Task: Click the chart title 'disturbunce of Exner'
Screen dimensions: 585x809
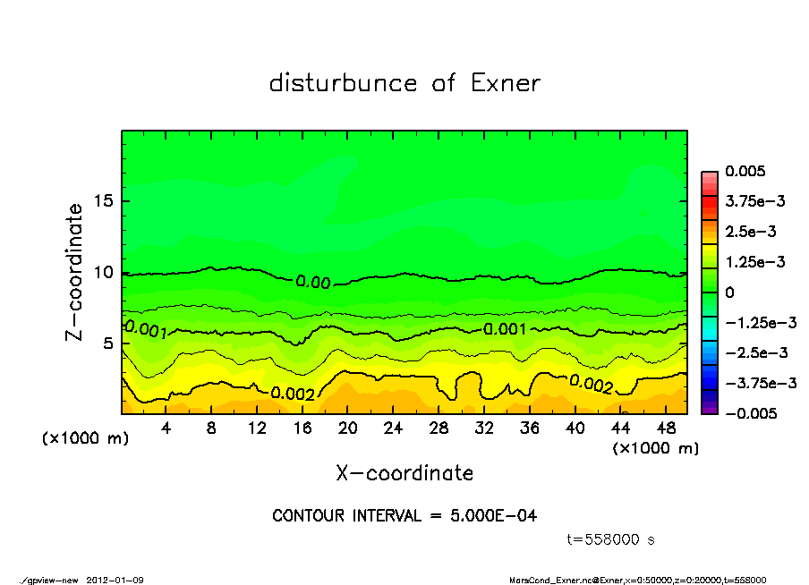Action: (404, 83)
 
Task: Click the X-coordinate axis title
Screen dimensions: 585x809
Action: (404, 472)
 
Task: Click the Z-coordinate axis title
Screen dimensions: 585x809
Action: (75, 271)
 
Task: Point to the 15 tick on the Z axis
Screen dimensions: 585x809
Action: (104, 201)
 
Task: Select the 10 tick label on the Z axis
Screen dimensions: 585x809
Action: (104, 272)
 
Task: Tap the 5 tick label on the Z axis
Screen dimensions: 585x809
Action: (108, 343)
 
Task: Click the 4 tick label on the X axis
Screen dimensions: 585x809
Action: (166, 428)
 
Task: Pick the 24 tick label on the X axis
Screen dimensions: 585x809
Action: (392, 428)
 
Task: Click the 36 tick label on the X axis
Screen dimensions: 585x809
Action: (528, 428)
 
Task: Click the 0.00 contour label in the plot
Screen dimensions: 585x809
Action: (313, 283)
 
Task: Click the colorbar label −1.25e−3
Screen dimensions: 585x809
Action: (761, 322)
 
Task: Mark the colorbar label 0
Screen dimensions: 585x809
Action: (729, 292)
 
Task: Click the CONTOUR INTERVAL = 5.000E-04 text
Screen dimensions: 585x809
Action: (404, 516)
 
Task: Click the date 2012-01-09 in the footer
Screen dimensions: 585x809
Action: (115, 580)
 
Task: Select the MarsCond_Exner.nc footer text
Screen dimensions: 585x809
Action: (547, 580)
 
